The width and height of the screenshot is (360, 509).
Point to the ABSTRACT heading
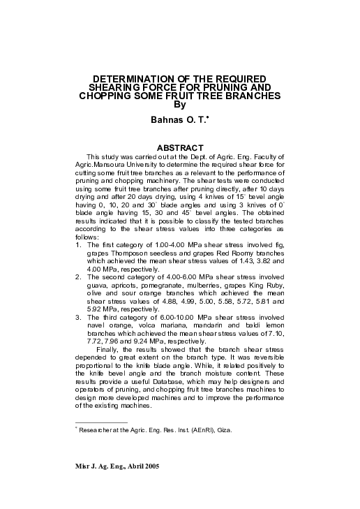(180, 148)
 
